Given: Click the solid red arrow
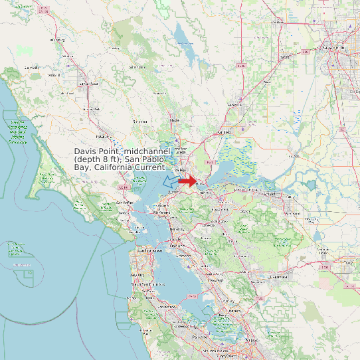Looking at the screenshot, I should tap(187, 181).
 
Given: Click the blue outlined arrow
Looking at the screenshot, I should tap(171, 180).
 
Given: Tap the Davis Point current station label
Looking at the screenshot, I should tap(122, 159).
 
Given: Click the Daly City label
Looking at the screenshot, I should tap(137, 274).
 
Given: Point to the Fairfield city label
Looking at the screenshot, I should tap(225, 132).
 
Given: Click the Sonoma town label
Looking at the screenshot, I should tap(140, 122).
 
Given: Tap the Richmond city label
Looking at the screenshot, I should tap(161, 219).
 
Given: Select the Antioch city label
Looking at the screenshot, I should tap(268, 193).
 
